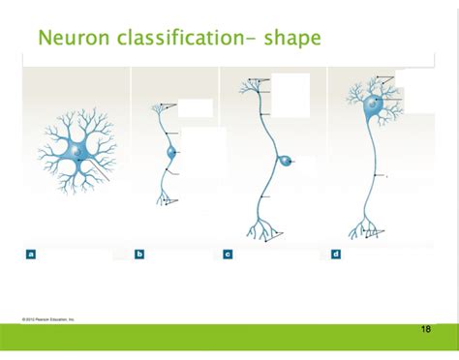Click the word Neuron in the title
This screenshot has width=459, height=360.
[70, 39]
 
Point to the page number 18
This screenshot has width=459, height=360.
[426, 330]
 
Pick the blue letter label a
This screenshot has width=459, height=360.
[31, 255]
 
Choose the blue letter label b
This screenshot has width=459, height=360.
[139, 255]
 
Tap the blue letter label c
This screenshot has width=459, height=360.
[228, 255]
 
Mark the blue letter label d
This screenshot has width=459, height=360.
[336, 255]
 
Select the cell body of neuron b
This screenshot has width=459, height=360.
[172, 152]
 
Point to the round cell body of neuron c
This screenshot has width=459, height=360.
[286, 161]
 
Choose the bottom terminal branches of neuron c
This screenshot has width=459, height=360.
[262, 230]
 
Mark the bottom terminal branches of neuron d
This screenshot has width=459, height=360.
[366, 230]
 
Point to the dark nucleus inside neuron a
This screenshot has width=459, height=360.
[74, 151]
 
